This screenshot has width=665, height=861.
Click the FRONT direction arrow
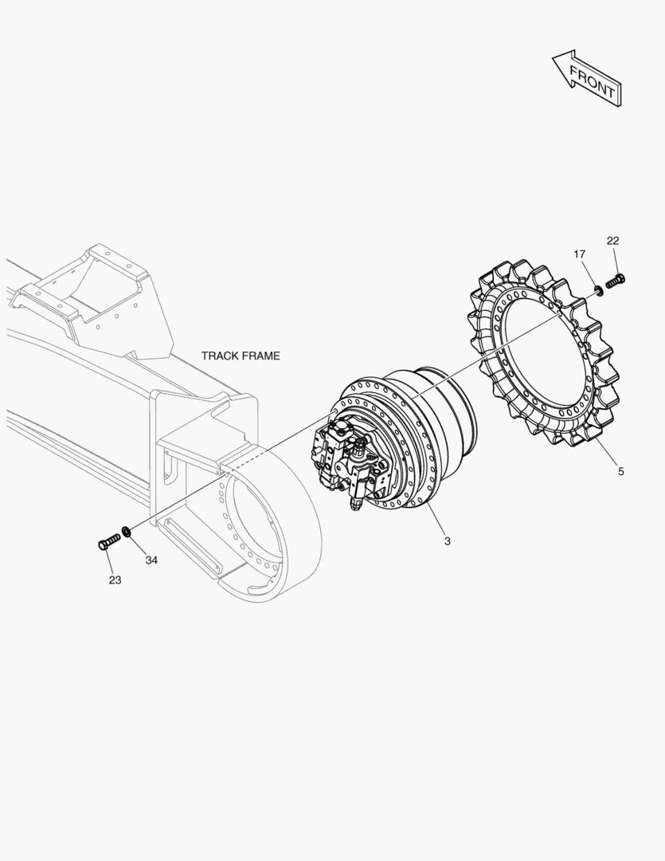point(587,78)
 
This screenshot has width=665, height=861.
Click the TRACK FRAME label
point(241,356)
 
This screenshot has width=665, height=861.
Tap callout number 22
point(613,241)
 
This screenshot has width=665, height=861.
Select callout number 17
point(580,254)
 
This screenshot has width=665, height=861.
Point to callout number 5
point(620,471)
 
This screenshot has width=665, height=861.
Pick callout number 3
point(447,541)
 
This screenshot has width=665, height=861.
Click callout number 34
point(151,560)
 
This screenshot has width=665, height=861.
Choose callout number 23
point(115,580)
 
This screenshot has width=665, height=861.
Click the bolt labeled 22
point(615,281)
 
